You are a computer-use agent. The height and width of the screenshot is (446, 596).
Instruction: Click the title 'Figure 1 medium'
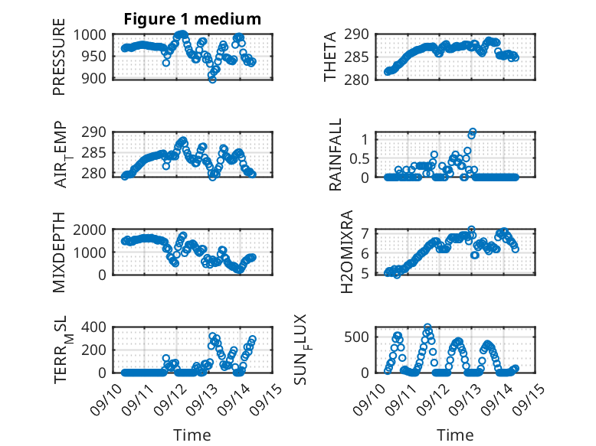[x=192, y=19]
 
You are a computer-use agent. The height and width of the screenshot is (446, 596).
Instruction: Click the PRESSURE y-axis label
[x=59, y=62]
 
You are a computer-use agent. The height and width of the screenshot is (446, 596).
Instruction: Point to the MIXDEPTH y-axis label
[x=59, y=252]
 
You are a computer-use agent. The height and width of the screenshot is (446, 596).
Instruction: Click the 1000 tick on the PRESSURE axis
[x=95, y=34]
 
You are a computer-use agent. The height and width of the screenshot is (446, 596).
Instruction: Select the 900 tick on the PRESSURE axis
[x=99, y=78]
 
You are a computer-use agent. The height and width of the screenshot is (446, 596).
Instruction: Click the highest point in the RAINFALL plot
[x=473, y=132]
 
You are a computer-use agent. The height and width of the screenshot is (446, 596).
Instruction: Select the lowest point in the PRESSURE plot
[x=212, y=79]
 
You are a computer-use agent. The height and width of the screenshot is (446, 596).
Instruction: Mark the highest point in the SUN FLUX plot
[x=427, y=327]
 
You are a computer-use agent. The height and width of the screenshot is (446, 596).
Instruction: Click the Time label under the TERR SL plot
[x=192, y=435]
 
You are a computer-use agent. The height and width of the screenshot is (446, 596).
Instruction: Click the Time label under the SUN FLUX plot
[x=455, y=435]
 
